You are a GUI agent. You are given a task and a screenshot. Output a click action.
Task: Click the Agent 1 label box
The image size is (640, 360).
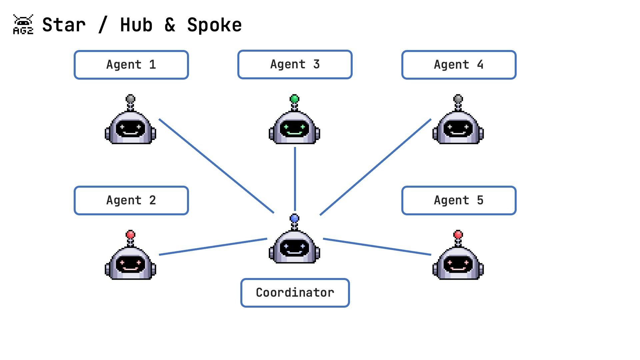click(131, 65)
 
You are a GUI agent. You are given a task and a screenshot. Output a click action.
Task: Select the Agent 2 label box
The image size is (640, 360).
click(131, 200)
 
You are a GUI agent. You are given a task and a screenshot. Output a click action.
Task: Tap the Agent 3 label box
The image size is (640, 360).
click(295, 64)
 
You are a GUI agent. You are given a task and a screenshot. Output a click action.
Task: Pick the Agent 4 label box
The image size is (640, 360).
click(459, 65)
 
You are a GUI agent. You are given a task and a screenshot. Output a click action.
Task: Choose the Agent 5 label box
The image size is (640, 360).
click(459, 200)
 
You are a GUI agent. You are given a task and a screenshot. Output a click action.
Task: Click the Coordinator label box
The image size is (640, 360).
click(295, 293)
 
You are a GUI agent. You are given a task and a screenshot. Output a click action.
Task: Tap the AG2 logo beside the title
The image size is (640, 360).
click(23, 24)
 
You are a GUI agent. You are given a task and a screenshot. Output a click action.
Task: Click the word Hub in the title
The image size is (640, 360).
click(136, 25)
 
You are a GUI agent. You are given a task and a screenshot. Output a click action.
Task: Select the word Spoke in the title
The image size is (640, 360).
click(214, 25)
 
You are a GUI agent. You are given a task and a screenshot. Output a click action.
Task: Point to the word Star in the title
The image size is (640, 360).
click(64, 25)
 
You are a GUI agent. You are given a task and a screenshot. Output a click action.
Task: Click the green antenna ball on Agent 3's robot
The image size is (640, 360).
click(295, 99)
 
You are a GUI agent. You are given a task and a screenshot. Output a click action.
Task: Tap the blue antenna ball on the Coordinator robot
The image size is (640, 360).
click(295, 219)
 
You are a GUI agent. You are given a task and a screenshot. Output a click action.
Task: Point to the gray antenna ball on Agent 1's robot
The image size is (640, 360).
click(131, 99)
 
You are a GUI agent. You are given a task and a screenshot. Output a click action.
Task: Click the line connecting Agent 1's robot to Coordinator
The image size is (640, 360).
click(217, 166)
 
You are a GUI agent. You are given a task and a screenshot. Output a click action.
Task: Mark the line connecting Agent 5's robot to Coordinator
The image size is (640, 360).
click(377, 247)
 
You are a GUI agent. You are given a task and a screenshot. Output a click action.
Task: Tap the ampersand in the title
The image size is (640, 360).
click(170, 25)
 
